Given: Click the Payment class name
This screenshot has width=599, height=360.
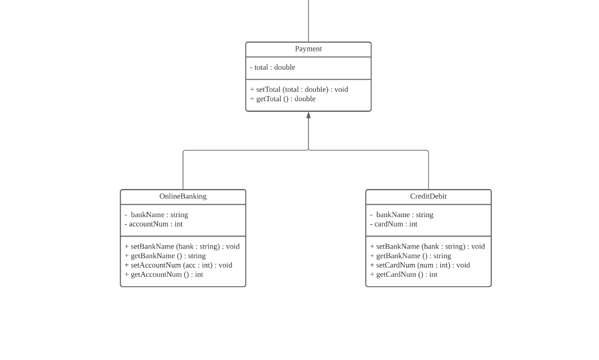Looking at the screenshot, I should point(308,49).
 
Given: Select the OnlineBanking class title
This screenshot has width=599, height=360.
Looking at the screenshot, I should point(183,197).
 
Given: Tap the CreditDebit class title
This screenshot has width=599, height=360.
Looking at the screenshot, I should point(428,197).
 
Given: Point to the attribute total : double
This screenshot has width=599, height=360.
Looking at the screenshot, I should point(273,67).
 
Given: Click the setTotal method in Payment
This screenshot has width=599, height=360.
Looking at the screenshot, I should point(299,90).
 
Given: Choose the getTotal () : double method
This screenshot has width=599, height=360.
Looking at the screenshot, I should point(283,99).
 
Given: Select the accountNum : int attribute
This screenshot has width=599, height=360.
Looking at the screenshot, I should point(154,224).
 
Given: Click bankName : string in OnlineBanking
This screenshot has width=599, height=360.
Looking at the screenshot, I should point(157,215).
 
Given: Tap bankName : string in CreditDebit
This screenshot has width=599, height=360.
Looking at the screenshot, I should point(402,215).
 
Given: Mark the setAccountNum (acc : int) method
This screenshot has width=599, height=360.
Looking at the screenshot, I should point(178,265).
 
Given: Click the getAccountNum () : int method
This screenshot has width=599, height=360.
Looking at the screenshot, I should point(164,275).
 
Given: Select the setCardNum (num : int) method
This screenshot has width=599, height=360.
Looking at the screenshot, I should point(420,265).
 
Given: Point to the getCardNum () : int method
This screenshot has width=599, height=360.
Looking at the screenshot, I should point(404,275).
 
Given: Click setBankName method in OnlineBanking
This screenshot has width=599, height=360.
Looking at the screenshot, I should point(182,246).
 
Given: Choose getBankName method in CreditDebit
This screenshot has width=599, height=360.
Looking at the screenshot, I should point(410,256).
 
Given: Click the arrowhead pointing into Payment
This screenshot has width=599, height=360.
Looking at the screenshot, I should point(308,115).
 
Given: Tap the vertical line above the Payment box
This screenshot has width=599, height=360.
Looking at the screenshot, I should point(308,21).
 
